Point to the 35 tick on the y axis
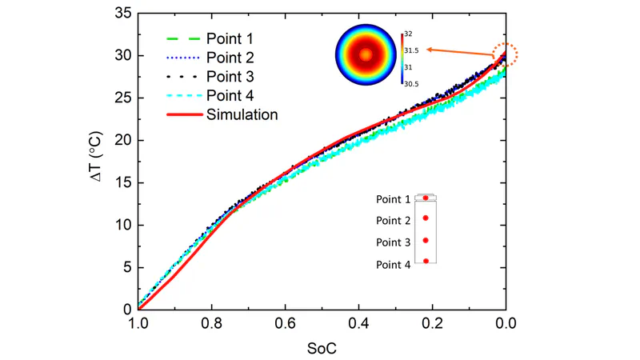[x=120, y=14]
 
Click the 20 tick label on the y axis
[x=120, y=140]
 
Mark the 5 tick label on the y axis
[x=123, y=267]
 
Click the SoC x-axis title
[x=322, y=347]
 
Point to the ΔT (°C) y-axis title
[x=94, y=160]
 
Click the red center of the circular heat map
[x=366, y=55]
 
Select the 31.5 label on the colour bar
[x=414, y=49]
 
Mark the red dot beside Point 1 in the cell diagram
[x=426, y=198]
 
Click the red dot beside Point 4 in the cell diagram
[x=426, y=261]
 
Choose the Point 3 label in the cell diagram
[x=394, y=242]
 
